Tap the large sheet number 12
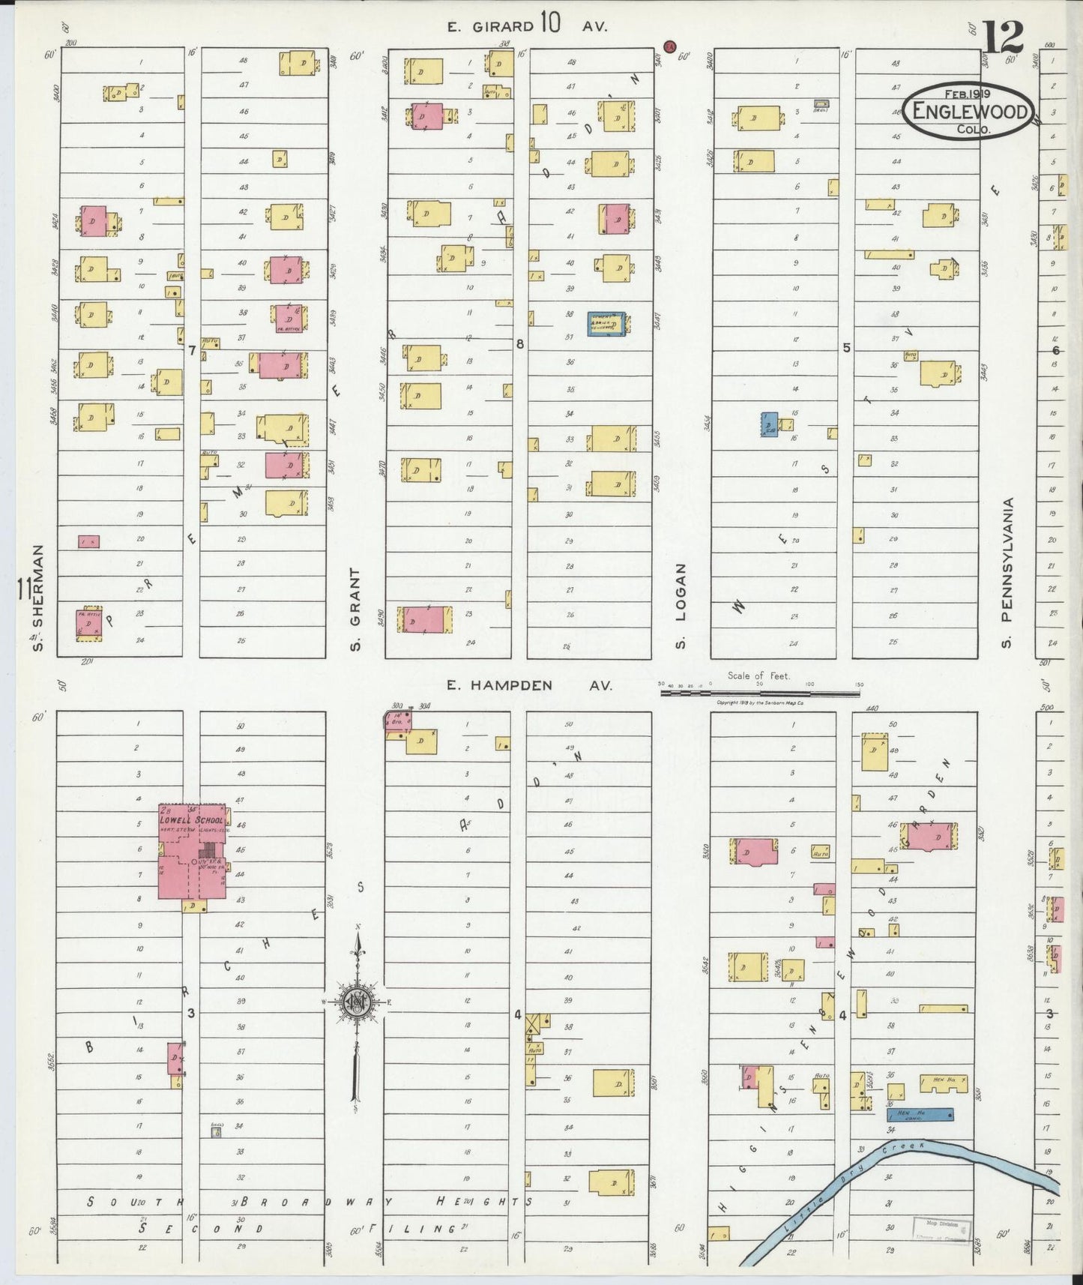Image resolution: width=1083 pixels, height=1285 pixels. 1004,35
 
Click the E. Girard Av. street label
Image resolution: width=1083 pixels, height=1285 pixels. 527,26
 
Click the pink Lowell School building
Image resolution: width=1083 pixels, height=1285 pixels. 192,852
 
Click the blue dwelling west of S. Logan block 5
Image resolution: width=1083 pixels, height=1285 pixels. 769,424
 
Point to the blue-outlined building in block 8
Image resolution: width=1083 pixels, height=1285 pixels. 607,323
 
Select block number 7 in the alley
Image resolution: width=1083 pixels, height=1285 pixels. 192,350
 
